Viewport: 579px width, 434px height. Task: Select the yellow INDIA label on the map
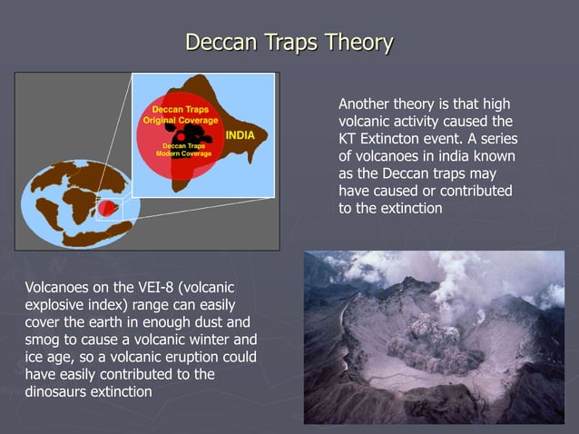(240, 135)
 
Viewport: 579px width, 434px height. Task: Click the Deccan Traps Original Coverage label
(180, 114)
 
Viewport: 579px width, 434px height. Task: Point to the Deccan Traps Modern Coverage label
(184, 150)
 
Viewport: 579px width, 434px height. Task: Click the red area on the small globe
(108, 209)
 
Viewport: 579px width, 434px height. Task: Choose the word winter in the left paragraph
(208, 340)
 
